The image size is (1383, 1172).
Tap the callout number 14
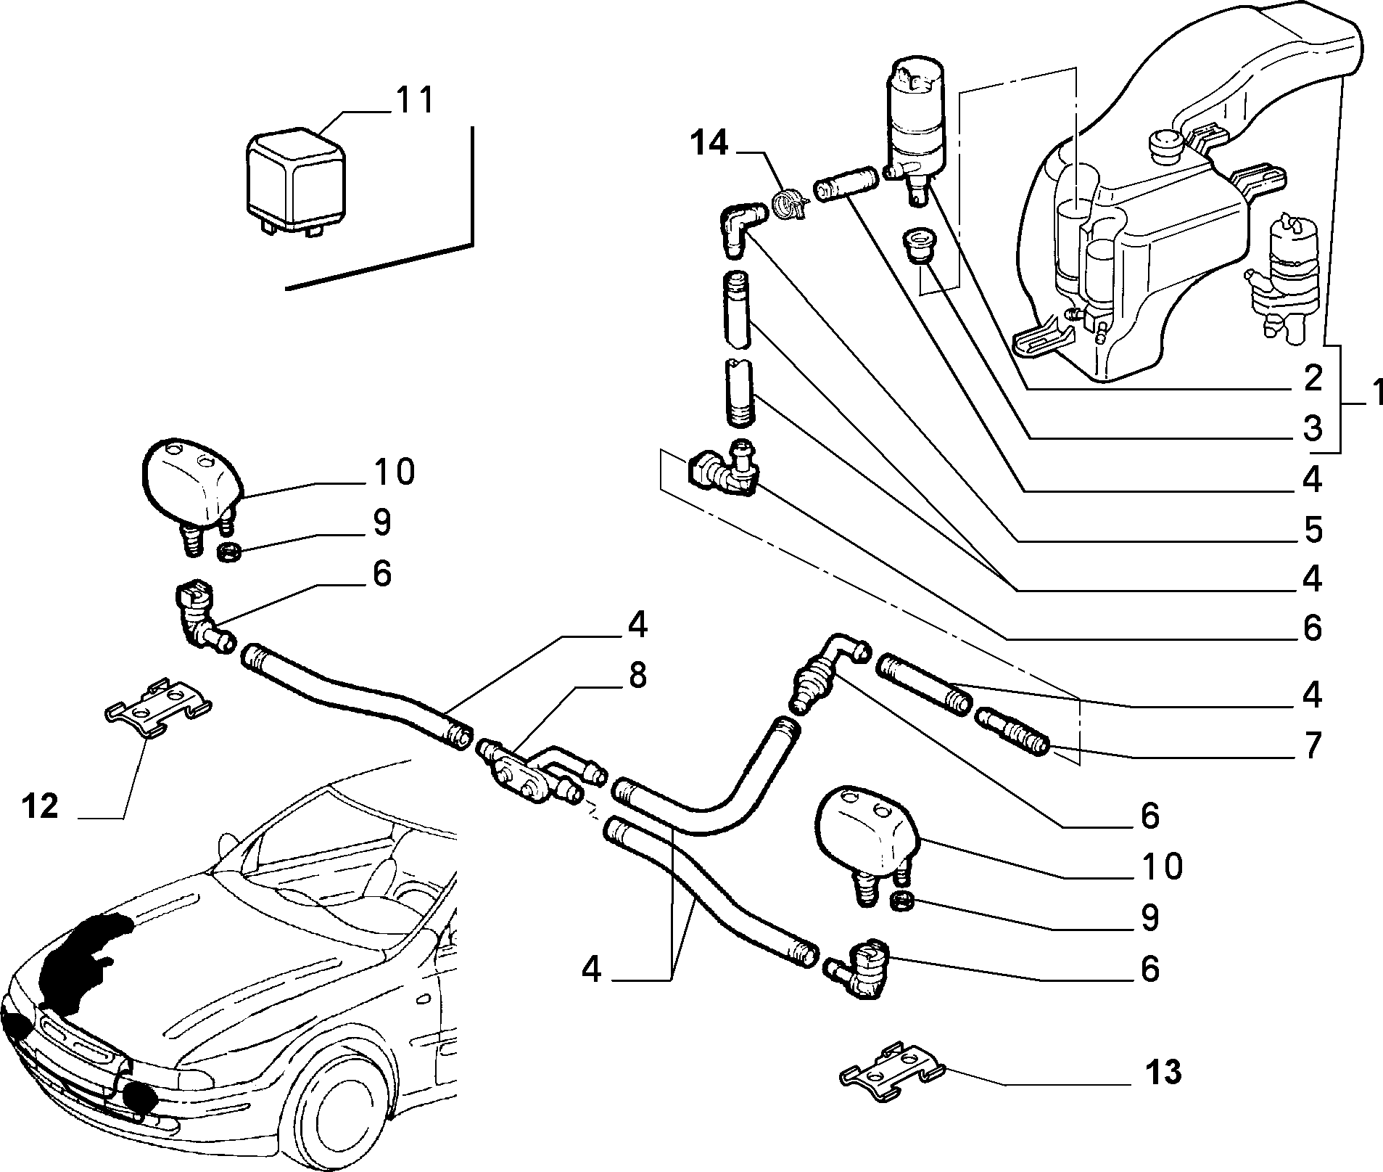pos(709,144)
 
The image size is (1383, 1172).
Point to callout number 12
pos(39,806)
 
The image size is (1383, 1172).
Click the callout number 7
pos(1311,746)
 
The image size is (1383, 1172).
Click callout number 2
pos(1311,378)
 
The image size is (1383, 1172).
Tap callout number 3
pos(1311,429)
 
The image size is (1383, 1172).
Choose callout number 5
pos(1311,530)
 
